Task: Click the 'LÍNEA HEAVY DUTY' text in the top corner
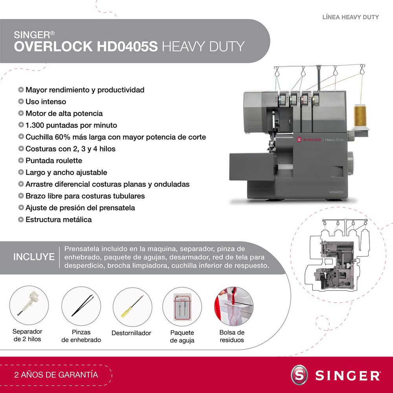point(351,17)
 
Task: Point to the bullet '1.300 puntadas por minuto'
point(71,125)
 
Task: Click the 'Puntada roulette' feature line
point(54,160)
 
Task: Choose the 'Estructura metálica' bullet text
point(59,219)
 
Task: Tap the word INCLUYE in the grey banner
point(34,257)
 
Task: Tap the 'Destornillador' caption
point(131,333)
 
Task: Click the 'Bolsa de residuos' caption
point(232,336)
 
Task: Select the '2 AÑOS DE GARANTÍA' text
point(56,375)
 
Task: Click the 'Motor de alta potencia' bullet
point(64,113)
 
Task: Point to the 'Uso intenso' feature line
point(46,101)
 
